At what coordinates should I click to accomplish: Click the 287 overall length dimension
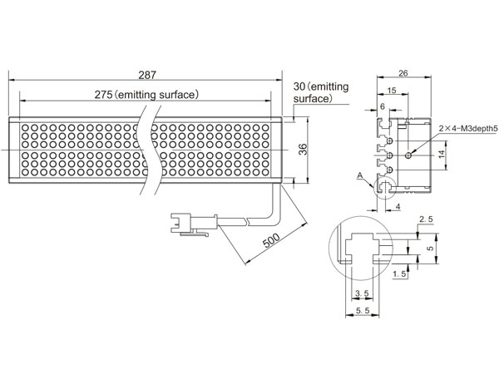point(147,75)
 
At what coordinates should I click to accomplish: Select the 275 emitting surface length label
point(146,95)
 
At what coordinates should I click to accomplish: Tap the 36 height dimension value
point(304,150)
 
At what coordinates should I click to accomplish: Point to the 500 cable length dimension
point(271,240)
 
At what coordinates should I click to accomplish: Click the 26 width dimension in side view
point(403,73)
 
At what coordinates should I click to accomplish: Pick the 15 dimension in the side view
point(392,91)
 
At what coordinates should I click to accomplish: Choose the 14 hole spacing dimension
point(442,155)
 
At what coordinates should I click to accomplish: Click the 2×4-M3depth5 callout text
point(467,129)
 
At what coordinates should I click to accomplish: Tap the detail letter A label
point(360,175)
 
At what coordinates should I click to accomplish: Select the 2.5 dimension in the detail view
point(426,219)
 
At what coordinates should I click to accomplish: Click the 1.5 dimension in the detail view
point(400,273)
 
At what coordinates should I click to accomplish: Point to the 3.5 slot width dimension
point(362,293)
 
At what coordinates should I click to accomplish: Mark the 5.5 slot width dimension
point(362,310)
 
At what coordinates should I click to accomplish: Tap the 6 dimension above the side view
point(383,106)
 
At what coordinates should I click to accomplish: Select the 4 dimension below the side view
point(398,207)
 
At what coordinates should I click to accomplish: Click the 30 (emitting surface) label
point(321,92)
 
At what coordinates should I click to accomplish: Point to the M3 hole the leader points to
point(408,155)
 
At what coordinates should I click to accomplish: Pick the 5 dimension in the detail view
point(430,248)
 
